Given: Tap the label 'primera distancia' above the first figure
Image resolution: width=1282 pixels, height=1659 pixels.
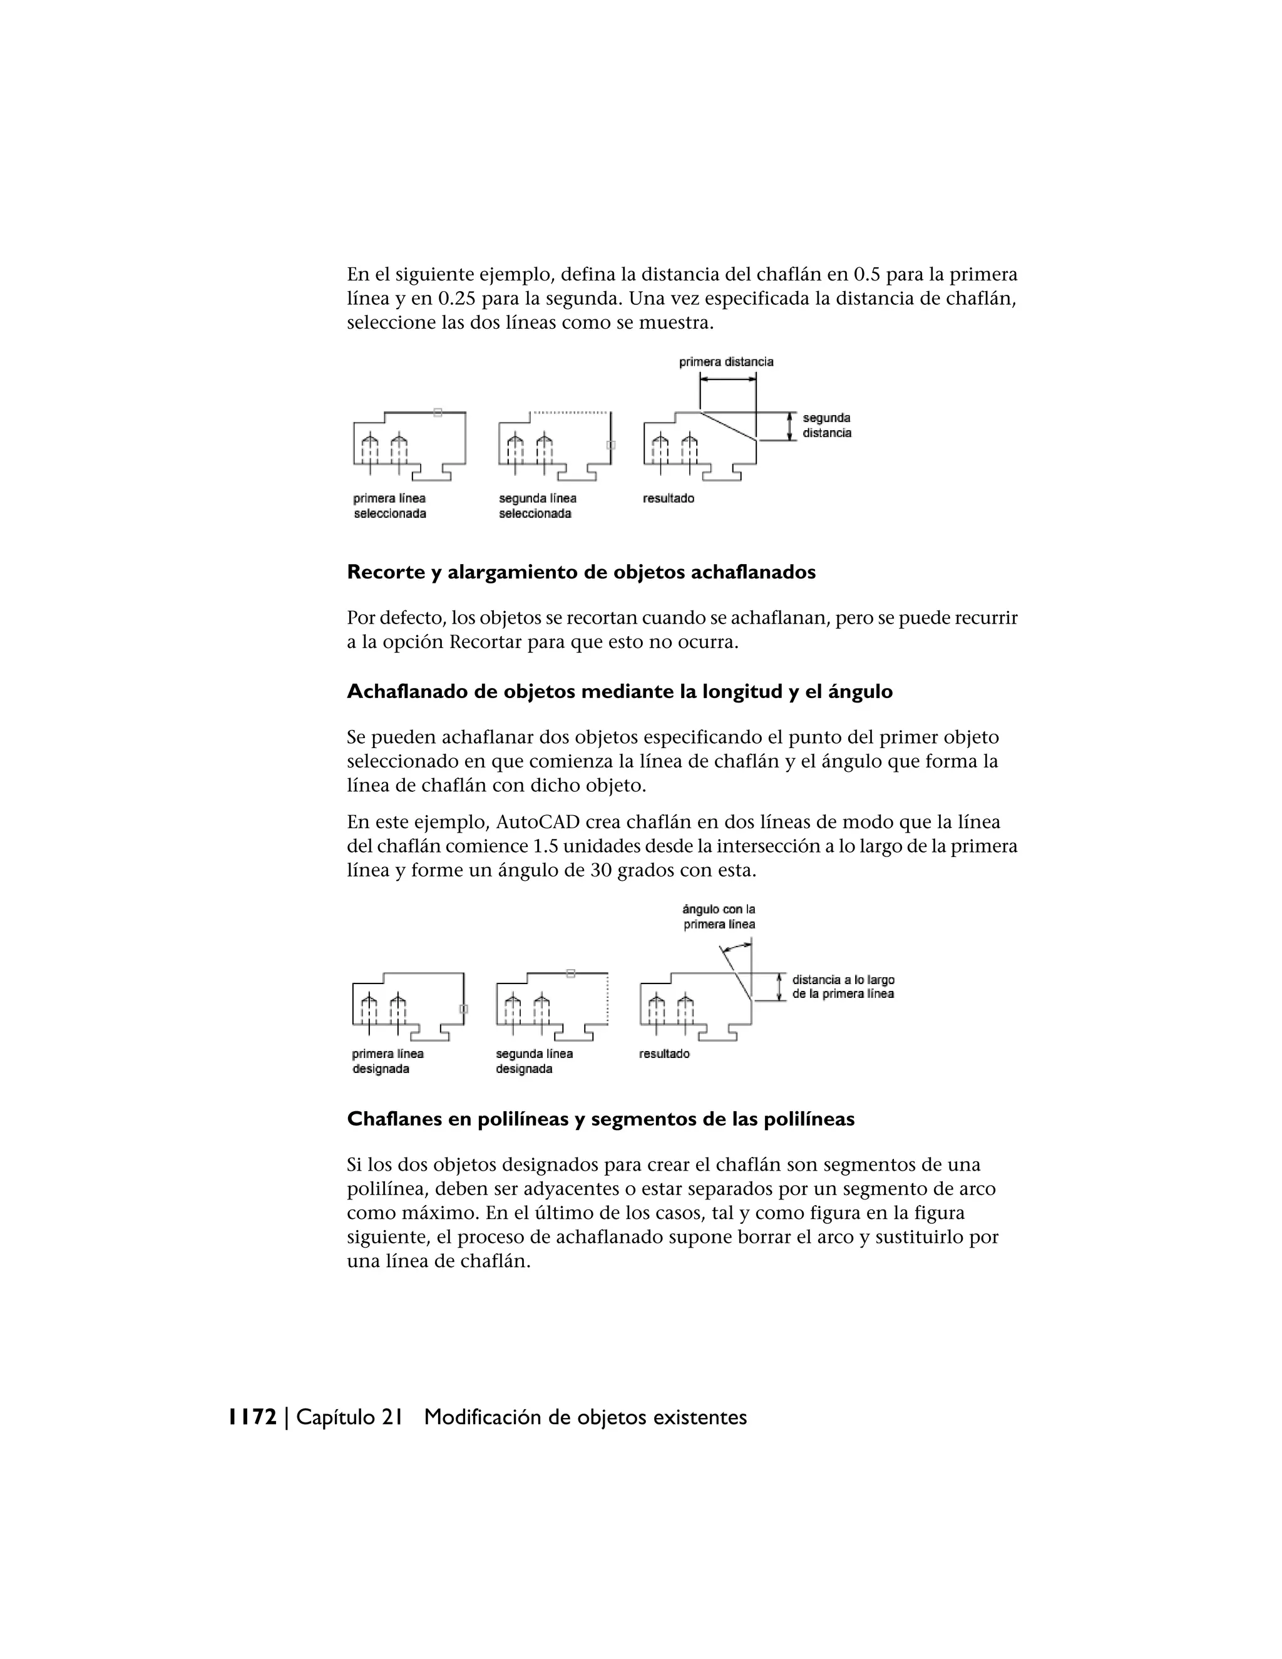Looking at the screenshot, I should [x=726, y=362].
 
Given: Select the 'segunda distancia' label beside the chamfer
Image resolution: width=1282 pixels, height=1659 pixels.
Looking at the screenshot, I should [x=826, y=425].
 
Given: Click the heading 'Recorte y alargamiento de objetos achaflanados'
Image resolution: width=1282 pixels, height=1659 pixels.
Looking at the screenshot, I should [x=581, y=573].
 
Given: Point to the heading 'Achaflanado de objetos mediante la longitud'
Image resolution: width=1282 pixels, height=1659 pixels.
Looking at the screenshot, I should [x=620, y=692].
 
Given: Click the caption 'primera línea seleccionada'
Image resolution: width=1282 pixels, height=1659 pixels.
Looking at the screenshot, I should [x=389, y=506].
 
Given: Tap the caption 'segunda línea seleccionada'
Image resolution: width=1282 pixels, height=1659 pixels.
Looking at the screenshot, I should [x=537, y=506].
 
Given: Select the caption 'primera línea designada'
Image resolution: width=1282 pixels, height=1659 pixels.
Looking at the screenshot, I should [x=387, y=1062].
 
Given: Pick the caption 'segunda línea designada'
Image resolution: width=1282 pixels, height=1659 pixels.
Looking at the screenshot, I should [x=534, y=1062].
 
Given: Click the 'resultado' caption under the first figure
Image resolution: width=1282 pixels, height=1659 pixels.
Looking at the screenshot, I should [x=669, y=499].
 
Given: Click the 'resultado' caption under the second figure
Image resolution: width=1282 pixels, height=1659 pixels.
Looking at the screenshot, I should [x=665, y=1054].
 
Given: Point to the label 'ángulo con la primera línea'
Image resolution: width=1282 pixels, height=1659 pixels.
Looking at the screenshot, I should [x=719, y=917].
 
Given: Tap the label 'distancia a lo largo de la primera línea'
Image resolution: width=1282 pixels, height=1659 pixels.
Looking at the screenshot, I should [x=843, y=987].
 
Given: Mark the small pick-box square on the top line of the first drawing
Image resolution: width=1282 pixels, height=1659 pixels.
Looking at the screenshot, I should [x=438, y=413].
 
